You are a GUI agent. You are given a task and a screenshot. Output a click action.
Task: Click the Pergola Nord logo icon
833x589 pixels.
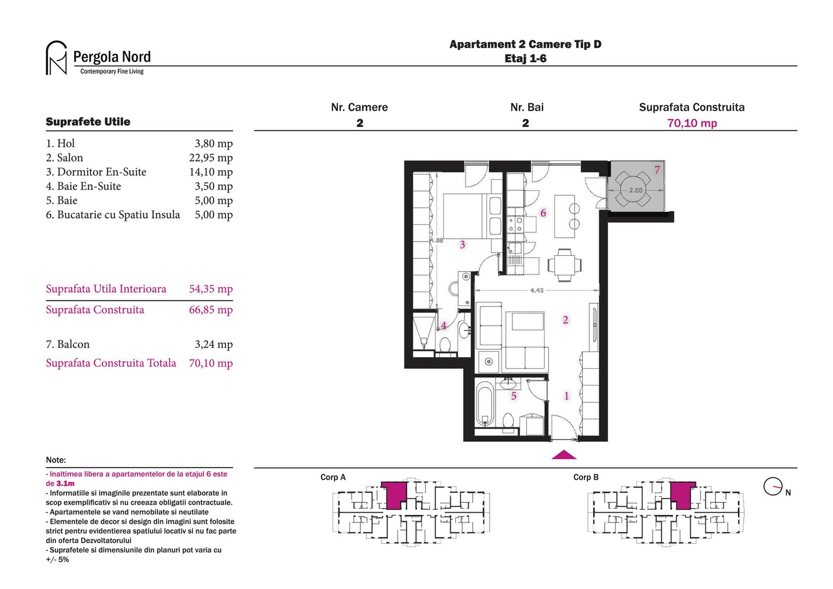pos(56,58)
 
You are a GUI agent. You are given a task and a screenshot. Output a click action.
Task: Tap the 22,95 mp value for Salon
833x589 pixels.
pos(210,158)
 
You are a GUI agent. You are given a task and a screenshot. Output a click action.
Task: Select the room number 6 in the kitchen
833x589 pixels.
pos(543,213)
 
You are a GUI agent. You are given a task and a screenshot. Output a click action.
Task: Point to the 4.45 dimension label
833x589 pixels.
pos(536,291)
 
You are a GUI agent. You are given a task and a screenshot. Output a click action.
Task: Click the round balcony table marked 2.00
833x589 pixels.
pos(636,190)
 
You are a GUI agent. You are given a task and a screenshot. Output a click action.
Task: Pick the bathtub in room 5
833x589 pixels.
pos(485,404)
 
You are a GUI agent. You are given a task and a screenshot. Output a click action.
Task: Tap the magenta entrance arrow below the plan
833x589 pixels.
pos(564,455)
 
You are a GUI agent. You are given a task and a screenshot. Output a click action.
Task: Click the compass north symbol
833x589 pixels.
pos(773,486)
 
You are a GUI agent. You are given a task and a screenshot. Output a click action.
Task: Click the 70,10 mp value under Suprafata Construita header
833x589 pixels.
pos(692,123)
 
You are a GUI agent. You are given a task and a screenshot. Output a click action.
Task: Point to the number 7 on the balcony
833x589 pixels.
pos(657,170)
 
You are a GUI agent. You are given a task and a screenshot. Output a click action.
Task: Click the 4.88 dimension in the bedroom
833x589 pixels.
pos(436,241)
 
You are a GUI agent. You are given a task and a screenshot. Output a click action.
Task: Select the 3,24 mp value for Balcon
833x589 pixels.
pos(213,345)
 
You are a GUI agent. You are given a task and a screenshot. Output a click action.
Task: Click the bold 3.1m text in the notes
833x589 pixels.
pos(65,484)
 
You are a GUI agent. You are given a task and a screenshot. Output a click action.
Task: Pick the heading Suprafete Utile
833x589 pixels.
pos(88,122)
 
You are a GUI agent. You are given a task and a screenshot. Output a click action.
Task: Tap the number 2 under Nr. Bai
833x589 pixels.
pos(526,123)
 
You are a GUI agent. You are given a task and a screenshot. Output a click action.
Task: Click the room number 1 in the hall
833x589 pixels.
pos(566,396)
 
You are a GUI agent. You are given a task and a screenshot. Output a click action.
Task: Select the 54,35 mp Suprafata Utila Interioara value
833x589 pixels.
pos(210,289)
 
